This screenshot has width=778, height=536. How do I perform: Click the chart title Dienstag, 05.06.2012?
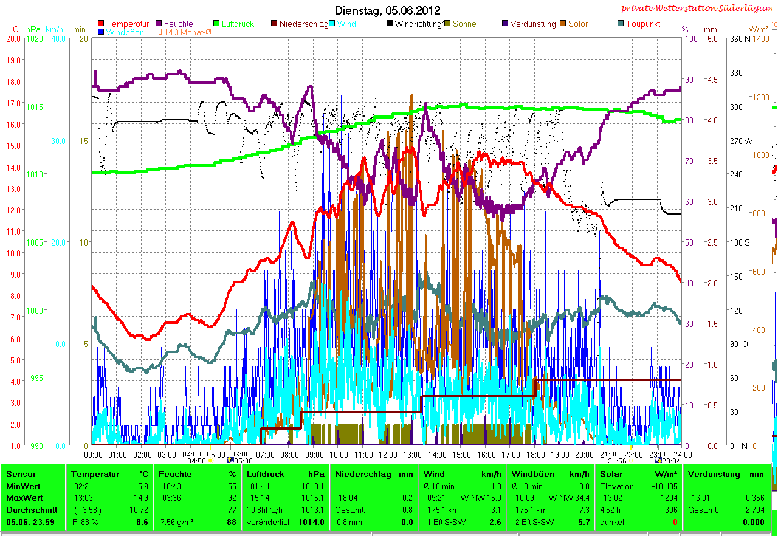pyautogui.click(x=388, y=11)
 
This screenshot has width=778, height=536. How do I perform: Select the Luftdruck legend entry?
pyautogui.click(x=238, y=24)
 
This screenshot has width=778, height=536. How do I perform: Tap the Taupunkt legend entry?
pyautogui.click(x=642, y=24)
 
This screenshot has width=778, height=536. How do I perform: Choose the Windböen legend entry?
pyautogui.click(x=125, y=32)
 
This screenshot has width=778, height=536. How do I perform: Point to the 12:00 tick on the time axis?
pyautogui.click(x=388, y=454)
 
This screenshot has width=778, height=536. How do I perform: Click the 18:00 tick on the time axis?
pyautogui.click(x=535, y=454)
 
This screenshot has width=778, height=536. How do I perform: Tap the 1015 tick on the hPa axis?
pyautogui.click(x=35, y=107)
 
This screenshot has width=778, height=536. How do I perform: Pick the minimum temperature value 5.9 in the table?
pyautogui.click(x=143, y=486)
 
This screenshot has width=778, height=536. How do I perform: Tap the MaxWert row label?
pyautogui.click(x=22, y=498)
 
